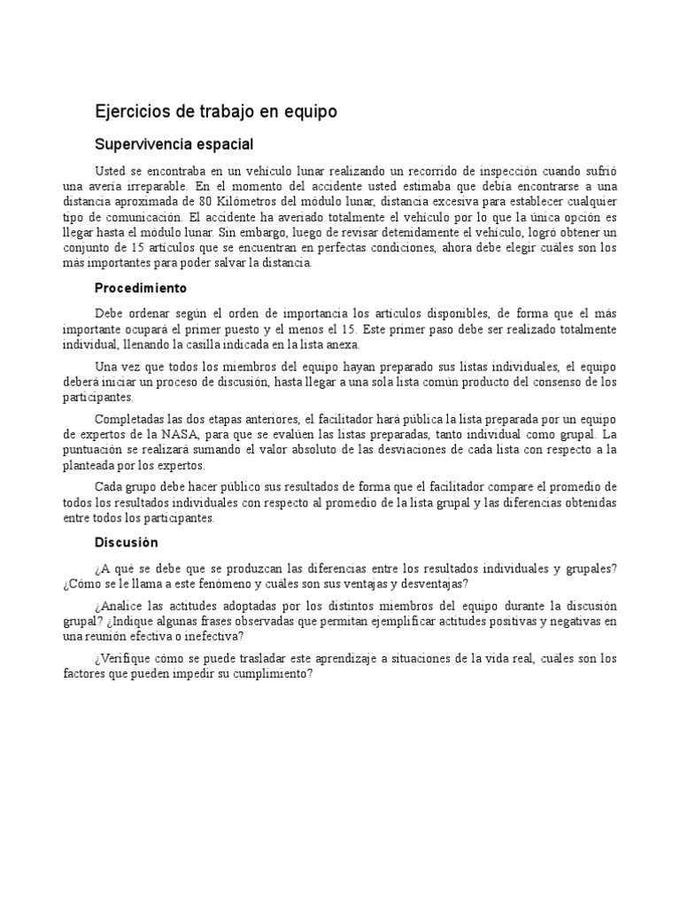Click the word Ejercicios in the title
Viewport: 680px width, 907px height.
(x=127, y=112)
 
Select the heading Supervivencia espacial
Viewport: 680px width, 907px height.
(x=174, y=143)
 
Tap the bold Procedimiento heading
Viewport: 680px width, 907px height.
(x=140, y=288)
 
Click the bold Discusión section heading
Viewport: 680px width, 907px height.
(x=126, y=541)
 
